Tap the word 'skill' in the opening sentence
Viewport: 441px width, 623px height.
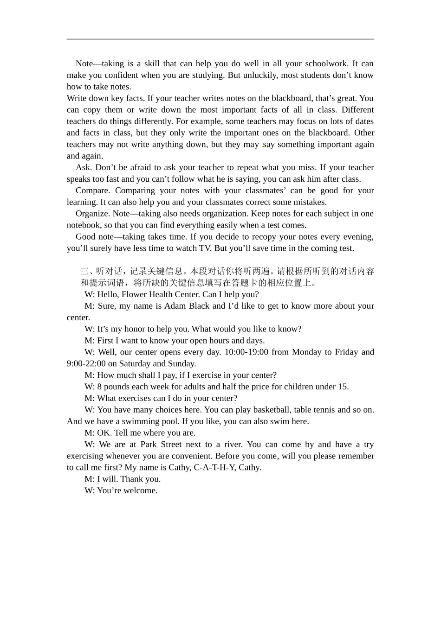coord(151,64)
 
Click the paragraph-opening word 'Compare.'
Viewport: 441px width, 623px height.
coord(92,191)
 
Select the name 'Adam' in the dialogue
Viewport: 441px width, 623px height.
coord(175,306)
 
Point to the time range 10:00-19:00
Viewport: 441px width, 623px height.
coord(246,352)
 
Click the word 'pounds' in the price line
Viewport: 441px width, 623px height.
coord(117,387)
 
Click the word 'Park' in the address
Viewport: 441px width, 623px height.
coord(149,445)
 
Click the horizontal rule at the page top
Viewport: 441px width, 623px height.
coord(220,39)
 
